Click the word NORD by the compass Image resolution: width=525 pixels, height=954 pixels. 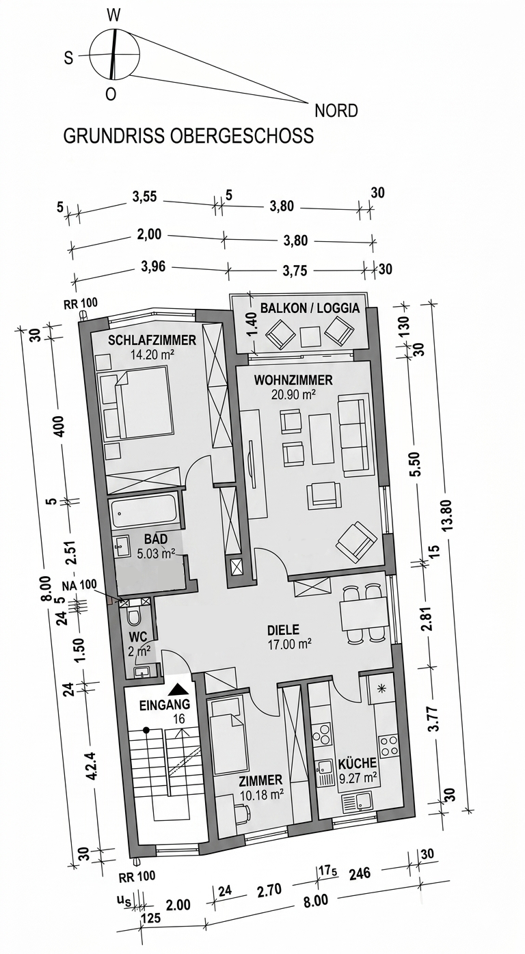(336, 111)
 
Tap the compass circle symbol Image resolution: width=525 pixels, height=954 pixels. (114, 55)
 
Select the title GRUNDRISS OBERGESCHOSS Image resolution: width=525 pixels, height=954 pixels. (189, 136)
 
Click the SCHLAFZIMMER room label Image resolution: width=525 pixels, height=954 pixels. (152, 340)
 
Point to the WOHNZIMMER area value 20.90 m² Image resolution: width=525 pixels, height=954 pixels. (294, 394)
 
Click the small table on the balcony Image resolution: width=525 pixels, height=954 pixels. (310, 336)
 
